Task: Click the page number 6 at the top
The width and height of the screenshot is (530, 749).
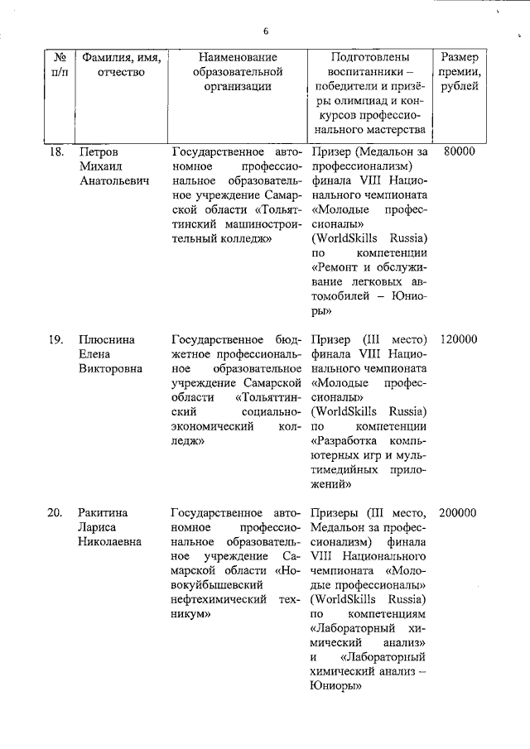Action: point(266,31)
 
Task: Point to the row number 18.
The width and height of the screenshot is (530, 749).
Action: point(56,152)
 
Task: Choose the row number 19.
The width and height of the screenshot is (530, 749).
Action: point(56,339)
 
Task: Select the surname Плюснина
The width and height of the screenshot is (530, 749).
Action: point(106,339)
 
